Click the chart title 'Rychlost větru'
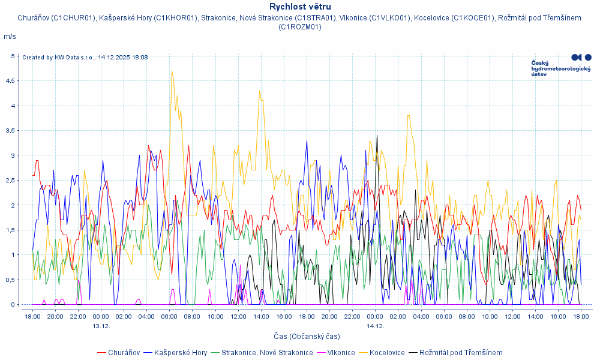[300, 7]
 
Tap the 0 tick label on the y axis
[13, 304]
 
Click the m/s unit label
[10, 37]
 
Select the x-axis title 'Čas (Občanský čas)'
[299, 337]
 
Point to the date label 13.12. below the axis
[101, 326]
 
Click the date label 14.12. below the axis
[375, 326]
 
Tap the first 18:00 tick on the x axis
[32, 316]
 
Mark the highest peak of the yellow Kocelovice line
[172, 71]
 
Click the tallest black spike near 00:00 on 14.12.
[377, 136]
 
